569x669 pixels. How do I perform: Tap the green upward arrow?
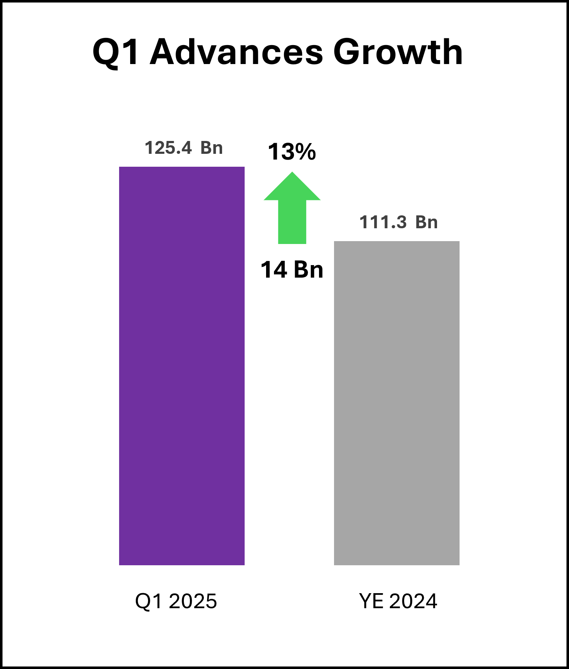tap(292, 211)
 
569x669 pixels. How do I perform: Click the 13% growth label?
tap(292, 152)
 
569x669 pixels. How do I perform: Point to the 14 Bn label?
tap(292, 270)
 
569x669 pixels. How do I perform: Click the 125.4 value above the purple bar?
tap(168, 148)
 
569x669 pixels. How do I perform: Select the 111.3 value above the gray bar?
tap(383, 222)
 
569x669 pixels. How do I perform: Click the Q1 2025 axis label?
tap(176, 601)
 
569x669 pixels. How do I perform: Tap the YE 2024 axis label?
tap(398, 601)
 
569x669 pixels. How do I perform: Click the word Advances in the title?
tap(236, 52)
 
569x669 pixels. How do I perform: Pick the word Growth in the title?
tap(398, 52)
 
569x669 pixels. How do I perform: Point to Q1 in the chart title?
tap(116, 52)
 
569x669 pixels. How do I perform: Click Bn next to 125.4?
tap(211, 148)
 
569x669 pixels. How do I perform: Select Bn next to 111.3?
tap(426, 222)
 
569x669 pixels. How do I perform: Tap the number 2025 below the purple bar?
tap(193, 601)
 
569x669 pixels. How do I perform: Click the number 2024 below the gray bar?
tap(413, 601)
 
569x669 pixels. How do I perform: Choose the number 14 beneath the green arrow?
tap(274, 270)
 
